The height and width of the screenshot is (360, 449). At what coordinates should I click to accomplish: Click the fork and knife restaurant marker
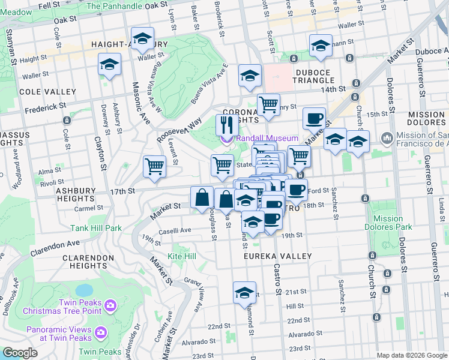226,125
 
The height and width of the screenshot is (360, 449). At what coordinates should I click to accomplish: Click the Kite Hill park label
182,256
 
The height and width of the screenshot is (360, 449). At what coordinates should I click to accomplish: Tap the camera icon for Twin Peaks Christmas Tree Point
110,306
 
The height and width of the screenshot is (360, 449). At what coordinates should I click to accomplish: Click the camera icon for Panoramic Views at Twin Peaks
100,332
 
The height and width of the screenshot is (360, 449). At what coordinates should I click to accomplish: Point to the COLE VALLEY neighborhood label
47,92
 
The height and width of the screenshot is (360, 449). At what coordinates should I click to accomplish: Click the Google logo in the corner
20,353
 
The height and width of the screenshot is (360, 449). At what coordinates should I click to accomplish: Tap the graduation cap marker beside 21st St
244,293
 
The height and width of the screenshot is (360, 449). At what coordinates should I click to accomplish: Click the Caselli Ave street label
175,230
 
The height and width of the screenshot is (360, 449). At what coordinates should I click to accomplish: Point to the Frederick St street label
46,108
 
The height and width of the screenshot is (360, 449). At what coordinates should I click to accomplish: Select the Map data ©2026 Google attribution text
411,355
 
